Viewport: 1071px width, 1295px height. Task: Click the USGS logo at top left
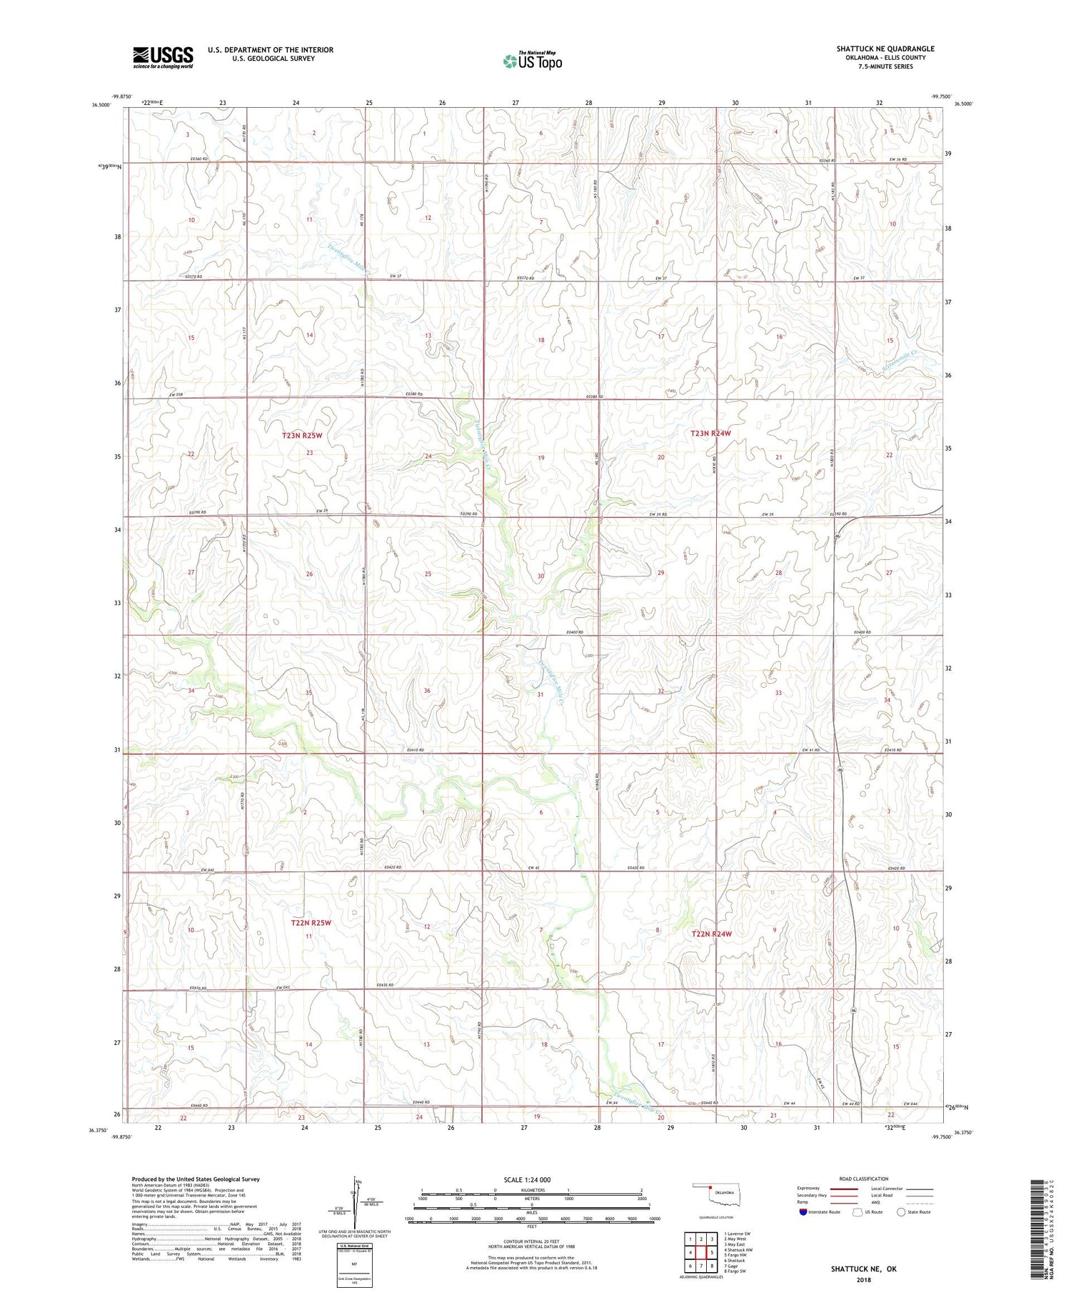pyautogui.click(x=163, y=57)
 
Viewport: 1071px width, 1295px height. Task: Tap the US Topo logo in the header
pyautogui.click(x=532, y=61)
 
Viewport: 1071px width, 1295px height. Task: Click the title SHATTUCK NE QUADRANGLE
pyautogui.click(x=885, y=49)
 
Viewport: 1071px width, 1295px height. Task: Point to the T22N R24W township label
pyautogui.click(x=711, y=934)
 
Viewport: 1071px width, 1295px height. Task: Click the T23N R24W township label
pyautogui.click(x=710, y=434)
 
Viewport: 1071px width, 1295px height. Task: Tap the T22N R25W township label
pyautogui.click(x=311, y=922)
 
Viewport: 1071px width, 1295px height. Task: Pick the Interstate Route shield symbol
pyautogui.click(x=803, y=1212)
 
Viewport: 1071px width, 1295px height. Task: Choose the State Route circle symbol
pyautogui.click(x=902, y=1212)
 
